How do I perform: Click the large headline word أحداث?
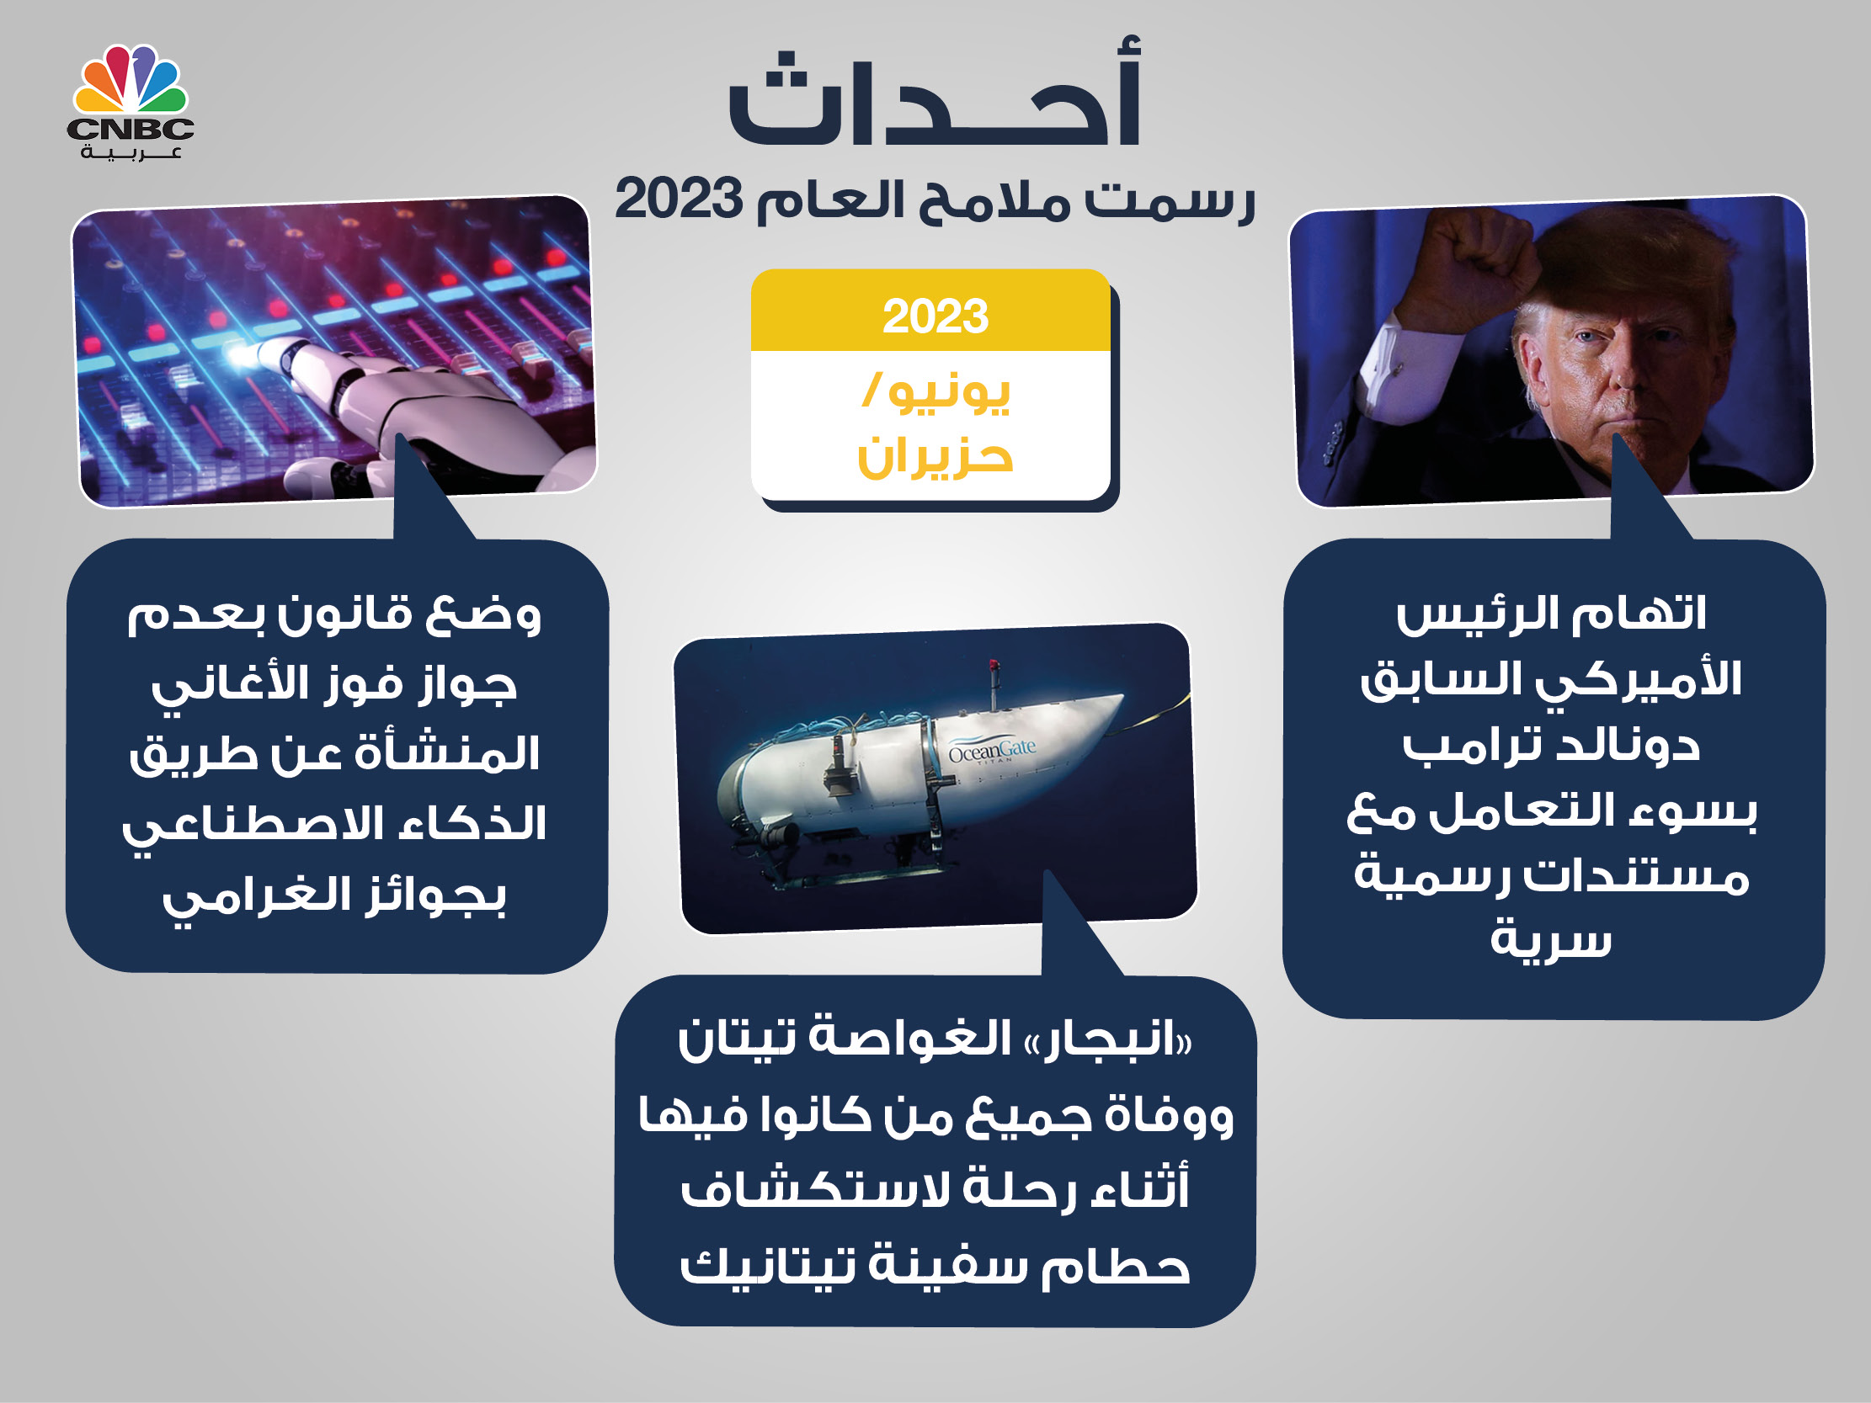(x=935, y=93)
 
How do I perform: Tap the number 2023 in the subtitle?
(x=679, y=199)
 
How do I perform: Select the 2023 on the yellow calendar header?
(x=935, y=316)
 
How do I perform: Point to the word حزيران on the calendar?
(x=935, y=457)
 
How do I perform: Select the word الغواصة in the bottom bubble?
(x=911, y=1037)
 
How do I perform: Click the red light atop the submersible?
(x=994, y=665)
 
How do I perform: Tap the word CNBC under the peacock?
(x=131, y=129)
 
